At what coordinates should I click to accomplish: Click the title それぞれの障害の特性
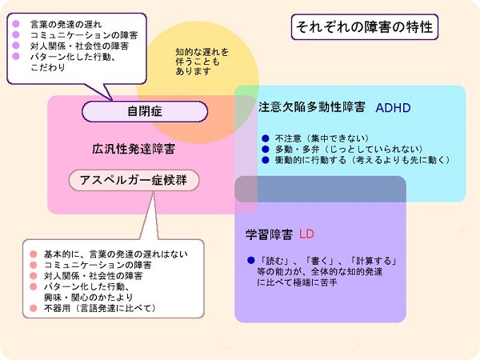[364, 27]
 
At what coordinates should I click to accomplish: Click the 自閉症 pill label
[145, 111]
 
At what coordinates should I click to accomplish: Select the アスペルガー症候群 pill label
[134, 180]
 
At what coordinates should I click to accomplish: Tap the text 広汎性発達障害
[134, 149]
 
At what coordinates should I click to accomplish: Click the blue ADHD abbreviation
[393, 108]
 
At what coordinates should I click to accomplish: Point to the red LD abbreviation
[306, 234]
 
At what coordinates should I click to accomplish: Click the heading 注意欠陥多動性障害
[312, 107]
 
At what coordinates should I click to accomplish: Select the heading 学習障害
[269, 234]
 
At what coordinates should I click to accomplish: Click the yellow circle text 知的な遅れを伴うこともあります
[202, 62]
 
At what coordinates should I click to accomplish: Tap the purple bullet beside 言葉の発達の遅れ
[16, 24]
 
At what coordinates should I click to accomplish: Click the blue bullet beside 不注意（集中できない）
[266, 138]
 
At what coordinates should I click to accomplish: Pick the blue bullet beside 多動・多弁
[266, 150]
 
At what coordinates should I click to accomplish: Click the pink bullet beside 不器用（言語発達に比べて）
[34, 308]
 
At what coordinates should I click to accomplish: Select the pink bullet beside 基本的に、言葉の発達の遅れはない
[34, 254]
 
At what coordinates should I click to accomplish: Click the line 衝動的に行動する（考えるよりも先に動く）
[362, 160]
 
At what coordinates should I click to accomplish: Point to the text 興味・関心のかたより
[89, 298]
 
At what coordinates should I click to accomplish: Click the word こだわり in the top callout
[48, 67]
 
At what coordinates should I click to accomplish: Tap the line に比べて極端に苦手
[298, 282]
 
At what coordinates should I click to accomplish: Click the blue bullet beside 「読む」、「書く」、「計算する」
[251, 261]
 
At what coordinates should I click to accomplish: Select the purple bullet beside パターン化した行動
[16, 56]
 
